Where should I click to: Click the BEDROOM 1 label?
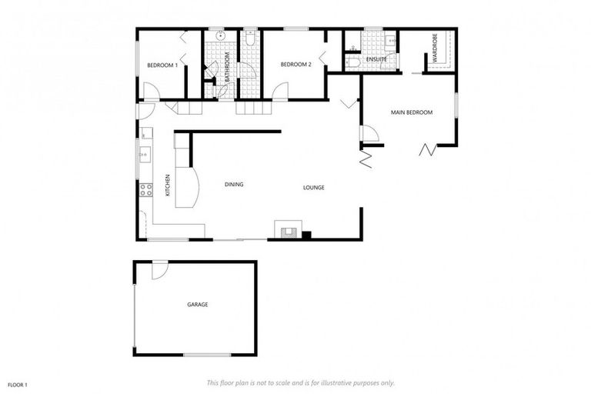coord(162,65)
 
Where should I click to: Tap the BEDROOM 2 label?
coord(295,65)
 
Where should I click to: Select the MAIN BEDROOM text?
coord(411,113)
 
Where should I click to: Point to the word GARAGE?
coord(198,305)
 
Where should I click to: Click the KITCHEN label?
coord(167,185)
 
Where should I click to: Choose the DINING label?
coord(234,185)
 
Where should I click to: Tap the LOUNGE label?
coord(313,187)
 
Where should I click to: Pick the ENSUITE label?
coord(376,59)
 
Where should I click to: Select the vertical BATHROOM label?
coord(228,68)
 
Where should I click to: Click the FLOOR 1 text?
coord(18,383)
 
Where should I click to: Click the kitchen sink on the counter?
coord(143,155)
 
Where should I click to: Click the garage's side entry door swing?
coord(159,270)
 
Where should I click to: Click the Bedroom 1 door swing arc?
coord(152,91)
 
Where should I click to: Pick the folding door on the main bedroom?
coord(426,149)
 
